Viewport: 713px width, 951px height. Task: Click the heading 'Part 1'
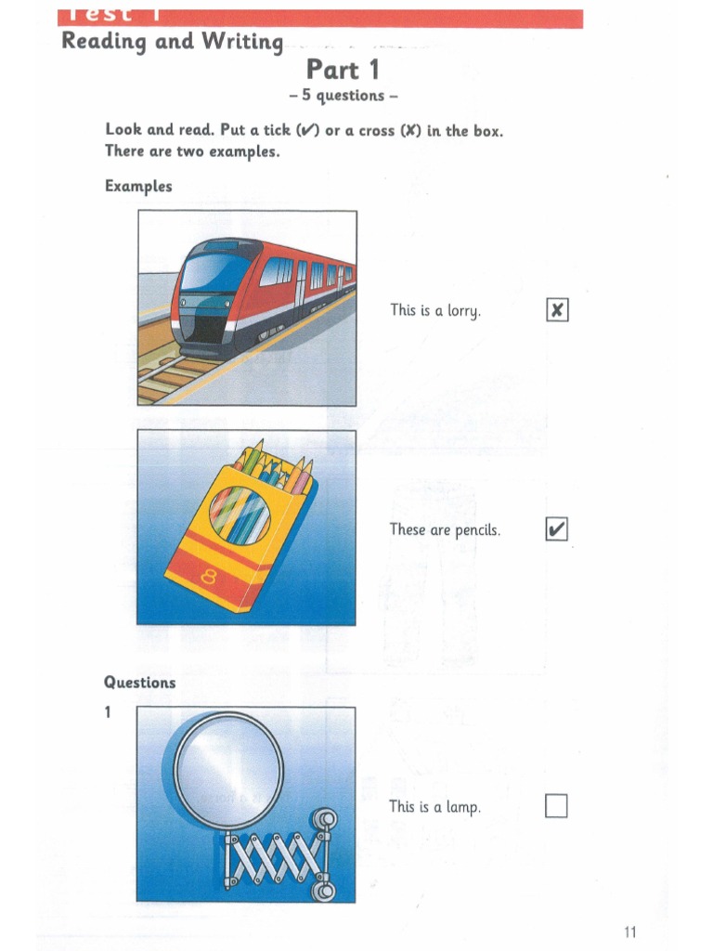coord(343,70)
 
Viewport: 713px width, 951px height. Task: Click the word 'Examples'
coord(138,186)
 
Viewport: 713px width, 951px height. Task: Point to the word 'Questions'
coord(139,683)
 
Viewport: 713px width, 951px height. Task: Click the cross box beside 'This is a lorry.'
coord(556,310)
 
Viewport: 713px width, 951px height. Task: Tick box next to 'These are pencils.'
coord(556,530)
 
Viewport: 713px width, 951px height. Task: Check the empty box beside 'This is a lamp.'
coord(556,806)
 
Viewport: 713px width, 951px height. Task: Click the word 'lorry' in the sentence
coord(464,311)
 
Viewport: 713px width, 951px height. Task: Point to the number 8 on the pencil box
coord(208,579)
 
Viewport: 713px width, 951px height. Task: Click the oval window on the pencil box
coord(240,515)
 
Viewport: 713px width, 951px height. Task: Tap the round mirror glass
coord(228,769)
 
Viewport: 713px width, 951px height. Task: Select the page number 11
coord(630,932)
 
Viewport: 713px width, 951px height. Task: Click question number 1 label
coord(108,713)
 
